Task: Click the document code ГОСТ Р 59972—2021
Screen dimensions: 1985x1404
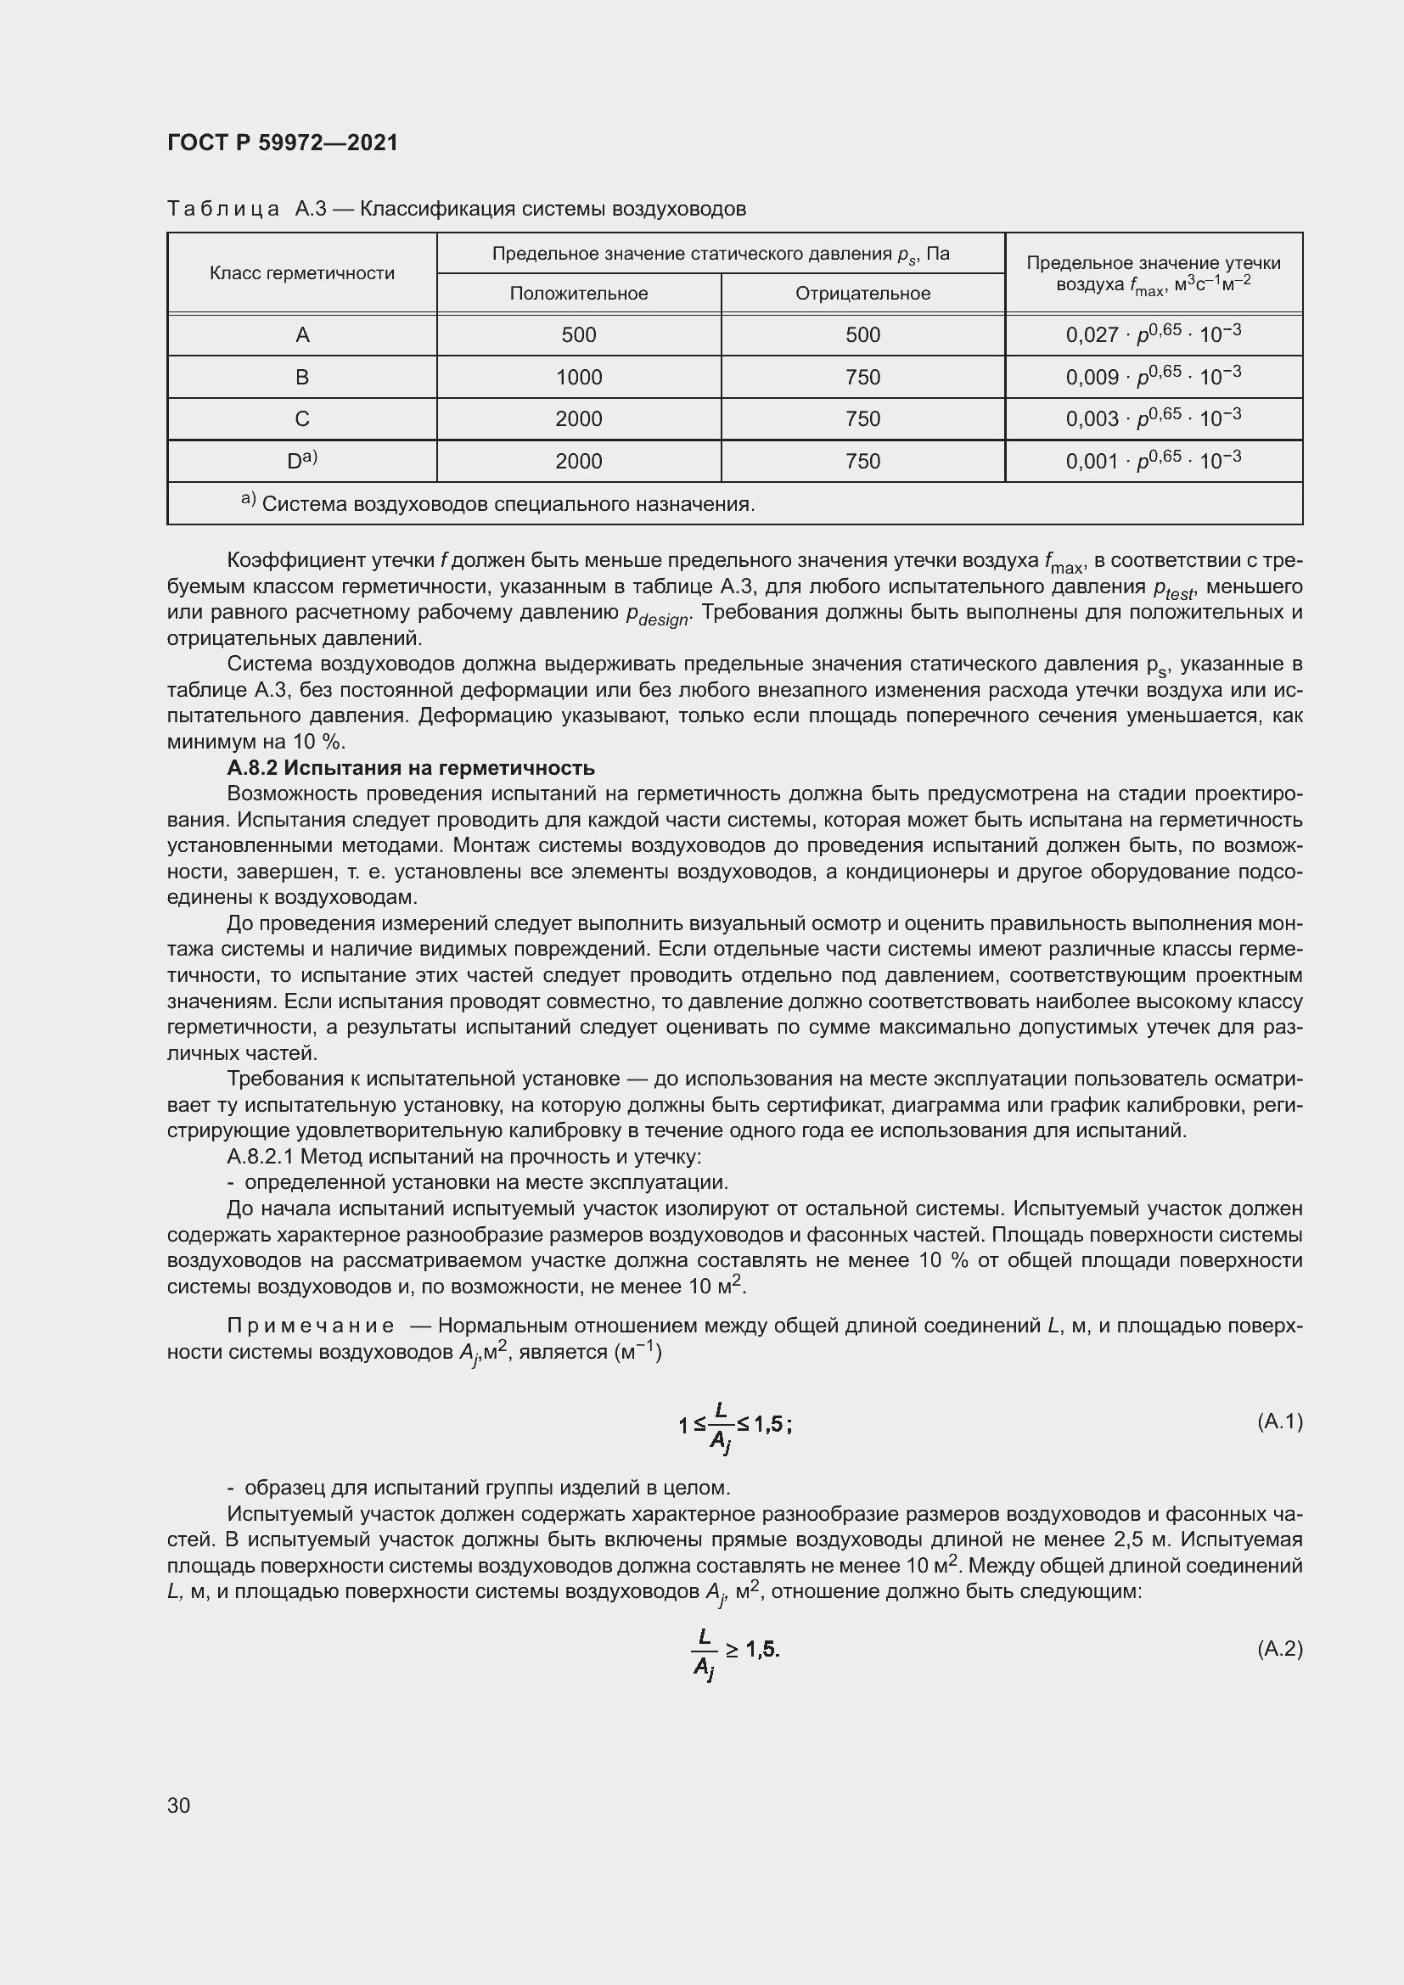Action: (x=282, y=143)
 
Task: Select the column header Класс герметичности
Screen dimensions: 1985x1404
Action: (x=301, y=273)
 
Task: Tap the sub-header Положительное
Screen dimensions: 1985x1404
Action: (x=578, y=294)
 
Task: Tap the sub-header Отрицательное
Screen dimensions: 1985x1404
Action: (x=862, y=294)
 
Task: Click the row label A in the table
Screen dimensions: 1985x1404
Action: (x=301, y=335)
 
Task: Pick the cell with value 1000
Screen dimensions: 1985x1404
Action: (x=578, y=378)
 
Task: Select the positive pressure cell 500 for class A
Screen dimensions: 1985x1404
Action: (x=578, y=335)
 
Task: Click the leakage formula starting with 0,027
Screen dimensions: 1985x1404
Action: (x=1153, y=334)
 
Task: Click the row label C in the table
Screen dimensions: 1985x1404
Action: (x=301, y=419)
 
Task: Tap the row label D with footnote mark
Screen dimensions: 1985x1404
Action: (x=301, y=461)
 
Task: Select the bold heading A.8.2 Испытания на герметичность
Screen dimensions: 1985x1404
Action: (x=411, y=768)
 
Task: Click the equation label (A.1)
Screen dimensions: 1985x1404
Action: (x=1278, y=1421)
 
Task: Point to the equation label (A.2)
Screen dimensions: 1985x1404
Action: (x=1278, y=1648)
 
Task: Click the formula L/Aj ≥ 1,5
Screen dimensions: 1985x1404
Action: (x=735, y=1651)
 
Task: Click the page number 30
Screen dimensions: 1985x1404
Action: (x=179, y=1805)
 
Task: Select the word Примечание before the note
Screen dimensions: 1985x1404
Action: (x=312, y=1326)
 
